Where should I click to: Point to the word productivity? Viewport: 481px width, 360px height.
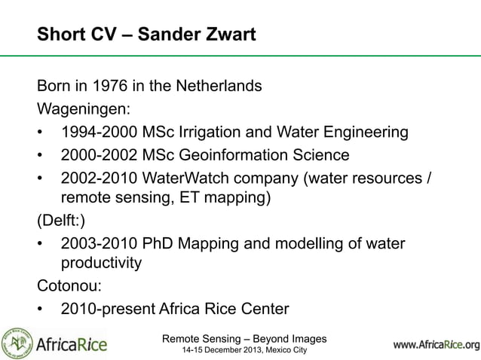[100, 263]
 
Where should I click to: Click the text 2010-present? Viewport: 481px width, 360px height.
[103, 308]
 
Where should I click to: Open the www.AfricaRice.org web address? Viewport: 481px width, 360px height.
[436, 346]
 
